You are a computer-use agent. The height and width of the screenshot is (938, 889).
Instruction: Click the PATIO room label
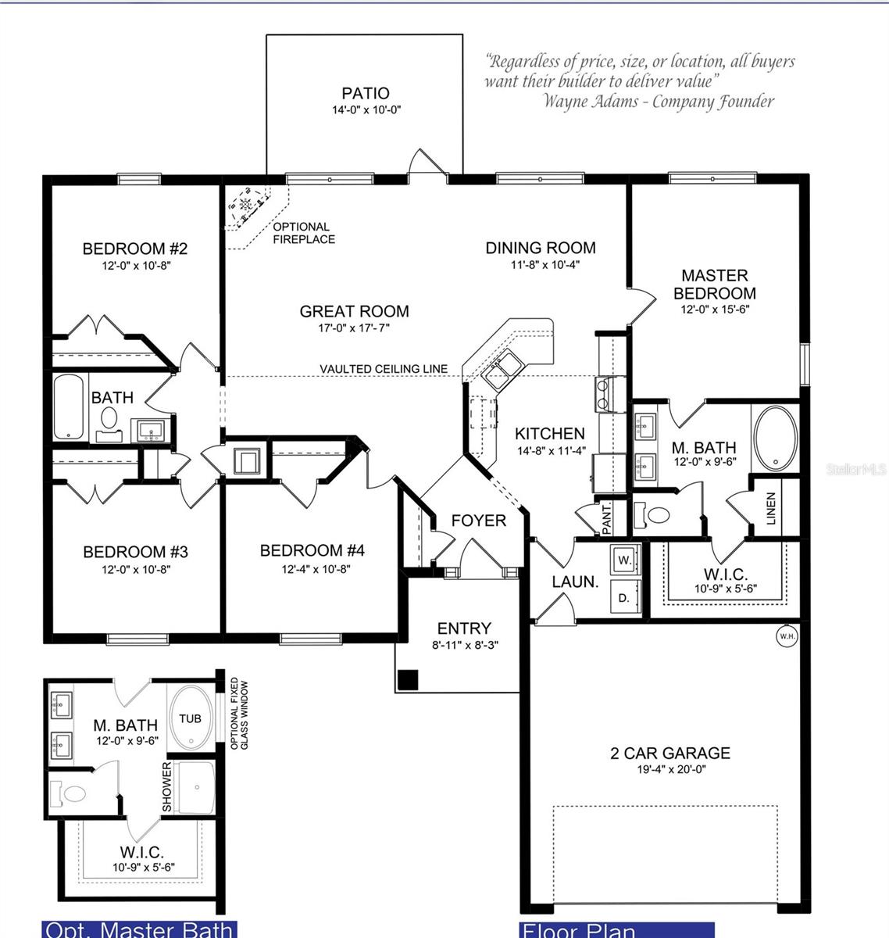tap(365, 94)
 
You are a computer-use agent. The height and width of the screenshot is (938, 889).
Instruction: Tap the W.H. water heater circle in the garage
tap(787, 636)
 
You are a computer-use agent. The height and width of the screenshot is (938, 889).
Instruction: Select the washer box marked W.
tap(624, 560)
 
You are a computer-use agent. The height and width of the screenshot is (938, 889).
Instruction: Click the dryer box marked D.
tap(623, 598)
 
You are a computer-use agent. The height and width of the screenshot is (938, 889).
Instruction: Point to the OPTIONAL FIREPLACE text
tap(303, 233)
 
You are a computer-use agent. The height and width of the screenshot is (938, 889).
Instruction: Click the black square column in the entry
tap(408, 680)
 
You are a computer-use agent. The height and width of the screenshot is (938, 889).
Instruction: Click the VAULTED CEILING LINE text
tap(384, 369)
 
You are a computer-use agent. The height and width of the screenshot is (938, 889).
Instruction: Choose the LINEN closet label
tap(771, 508)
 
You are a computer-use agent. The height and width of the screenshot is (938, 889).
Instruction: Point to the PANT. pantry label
tap(607, 519)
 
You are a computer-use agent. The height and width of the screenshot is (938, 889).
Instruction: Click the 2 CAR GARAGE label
tap(670, 754)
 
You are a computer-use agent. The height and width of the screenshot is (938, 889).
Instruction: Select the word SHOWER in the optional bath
tap(166, 786)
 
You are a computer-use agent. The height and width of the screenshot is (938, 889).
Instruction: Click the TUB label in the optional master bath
tap(190, 718)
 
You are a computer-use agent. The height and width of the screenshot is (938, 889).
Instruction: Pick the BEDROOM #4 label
tap(312, 551)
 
